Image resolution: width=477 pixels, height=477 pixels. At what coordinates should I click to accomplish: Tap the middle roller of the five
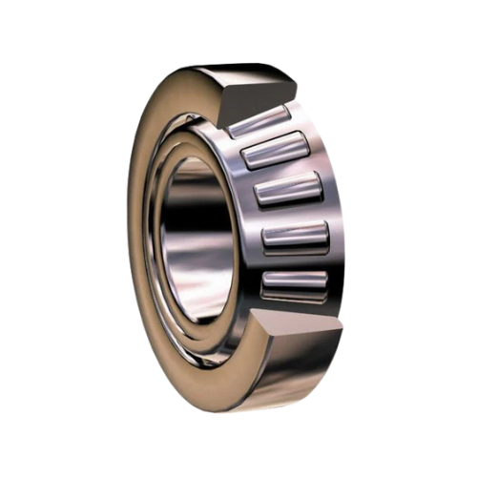(287, 189)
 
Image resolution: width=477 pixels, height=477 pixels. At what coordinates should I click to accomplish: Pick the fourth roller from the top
(294, 237)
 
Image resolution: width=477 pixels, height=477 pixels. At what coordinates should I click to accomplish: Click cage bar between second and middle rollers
(281, 170)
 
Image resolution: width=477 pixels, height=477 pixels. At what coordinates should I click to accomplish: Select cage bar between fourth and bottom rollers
(295, 260)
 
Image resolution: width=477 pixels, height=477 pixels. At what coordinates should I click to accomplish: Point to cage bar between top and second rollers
(267, 135)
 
